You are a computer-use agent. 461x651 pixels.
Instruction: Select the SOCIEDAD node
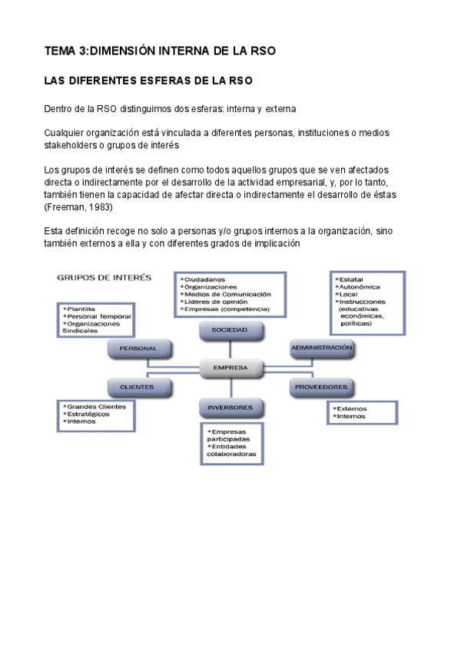click(x=231, y=329)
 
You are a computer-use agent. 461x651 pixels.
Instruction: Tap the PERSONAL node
click(x=138, y=349)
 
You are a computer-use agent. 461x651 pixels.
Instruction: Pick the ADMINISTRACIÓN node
click(x=322, y=348)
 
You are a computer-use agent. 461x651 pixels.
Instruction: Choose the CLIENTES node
click(x=138, y=387)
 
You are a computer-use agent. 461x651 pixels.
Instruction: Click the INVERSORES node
click(x=231, y=406)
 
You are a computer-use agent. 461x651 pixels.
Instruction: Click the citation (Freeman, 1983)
click(x=78, y=207)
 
